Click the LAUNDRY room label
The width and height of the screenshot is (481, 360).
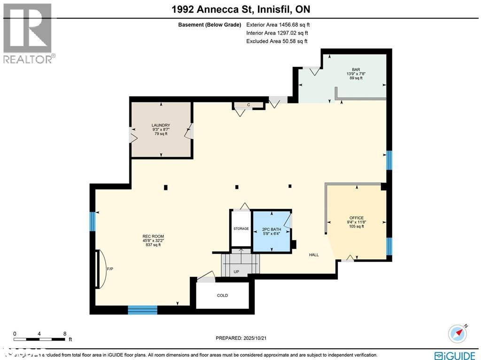tap(161, 125)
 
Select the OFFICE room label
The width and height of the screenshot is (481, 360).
tap(357, 218)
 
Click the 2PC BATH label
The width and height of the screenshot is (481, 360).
tap(272, 229)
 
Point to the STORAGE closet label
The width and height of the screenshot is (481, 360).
tap(241, 228)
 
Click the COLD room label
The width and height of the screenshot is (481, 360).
tap(222, 296)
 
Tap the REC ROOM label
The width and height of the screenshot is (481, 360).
tap(153, 236)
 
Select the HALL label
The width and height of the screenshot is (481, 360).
tap(314, 255)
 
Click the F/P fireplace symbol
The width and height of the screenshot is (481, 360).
tap(100, 269)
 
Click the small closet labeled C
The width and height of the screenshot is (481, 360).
tap(248, 105)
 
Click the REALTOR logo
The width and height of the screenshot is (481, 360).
tap(28, 33)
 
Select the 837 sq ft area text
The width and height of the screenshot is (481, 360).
tap(153, 245)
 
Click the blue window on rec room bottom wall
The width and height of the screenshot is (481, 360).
tap(142, 309)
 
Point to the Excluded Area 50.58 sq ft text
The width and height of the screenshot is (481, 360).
tap(277, 41)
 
